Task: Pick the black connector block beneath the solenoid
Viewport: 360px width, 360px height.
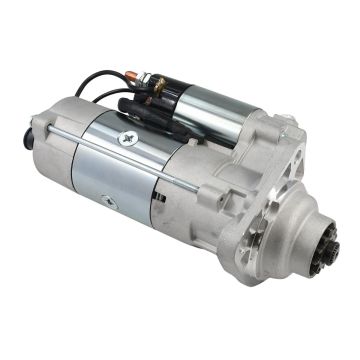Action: coord(140,106)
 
